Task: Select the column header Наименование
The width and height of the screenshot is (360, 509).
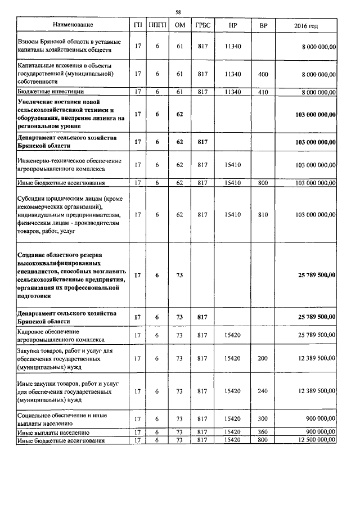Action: coord(73,25)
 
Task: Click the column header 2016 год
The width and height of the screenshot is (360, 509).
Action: coord(306,26)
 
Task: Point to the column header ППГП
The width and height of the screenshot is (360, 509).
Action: coord(157,25)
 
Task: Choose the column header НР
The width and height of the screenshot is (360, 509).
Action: coord(233,25)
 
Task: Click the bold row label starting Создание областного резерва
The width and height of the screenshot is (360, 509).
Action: coord(70,275)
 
